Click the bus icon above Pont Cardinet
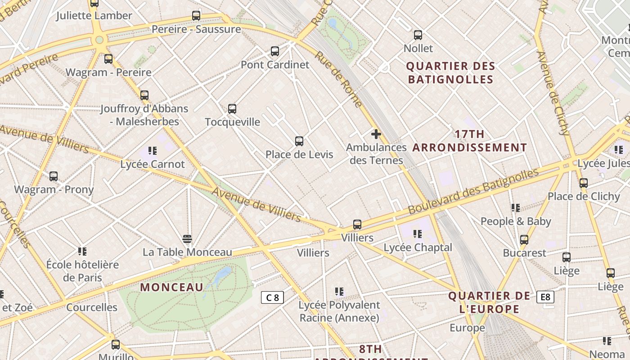275,51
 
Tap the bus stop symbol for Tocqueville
232,109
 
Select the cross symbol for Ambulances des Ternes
376,134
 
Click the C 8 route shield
272,297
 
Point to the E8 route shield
545,297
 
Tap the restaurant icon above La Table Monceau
187,238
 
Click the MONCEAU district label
171,287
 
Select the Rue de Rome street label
338,79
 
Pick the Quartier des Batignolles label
450,73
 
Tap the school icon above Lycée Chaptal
418,234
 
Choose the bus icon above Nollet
418,35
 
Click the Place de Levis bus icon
299,141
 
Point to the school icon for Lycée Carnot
153,151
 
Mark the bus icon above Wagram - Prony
54,176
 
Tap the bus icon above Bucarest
524,240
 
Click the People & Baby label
516,221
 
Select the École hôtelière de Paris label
82,271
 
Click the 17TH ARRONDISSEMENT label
470,141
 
